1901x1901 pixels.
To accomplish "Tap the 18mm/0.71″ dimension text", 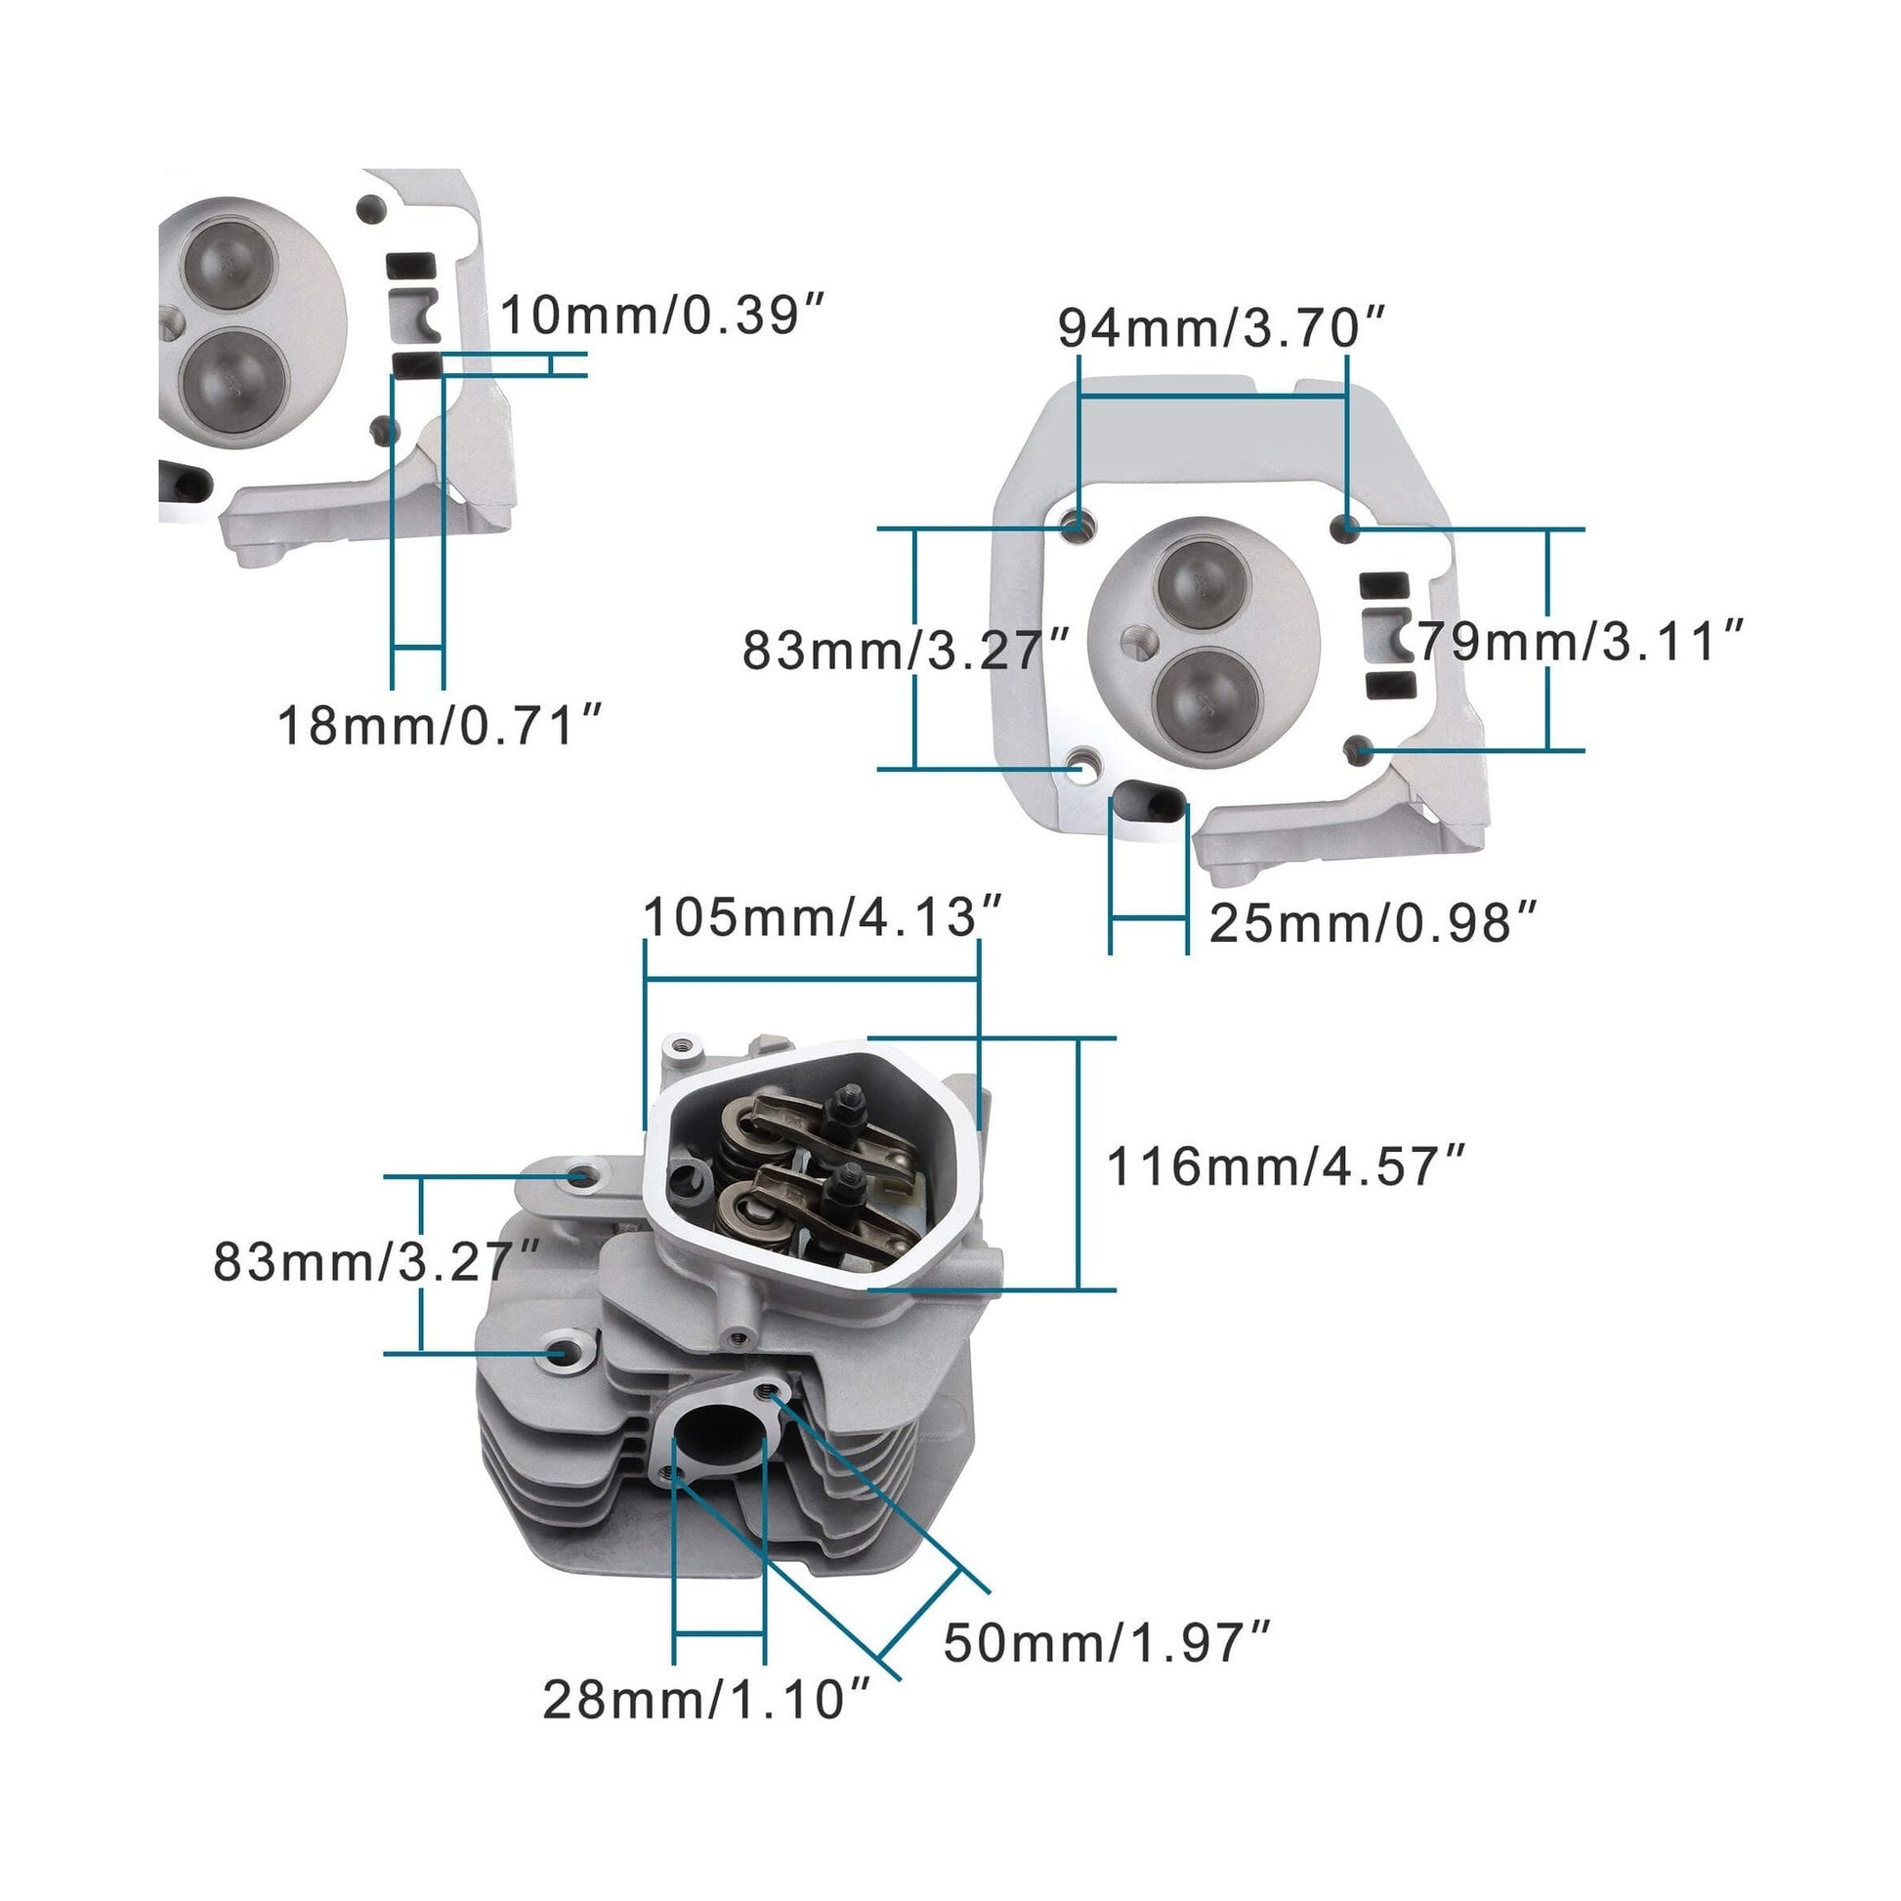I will [439, 726].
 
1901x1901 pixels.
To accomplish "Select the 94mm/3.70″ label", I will [1221, 327].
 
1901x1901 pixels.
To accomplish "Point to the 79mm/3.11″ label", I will [1581, 642].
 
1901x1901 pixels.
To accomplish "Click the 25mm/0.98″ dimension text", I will [1372, 923].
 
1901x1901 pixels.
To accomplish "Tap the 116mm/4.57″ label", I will [1286, 1167].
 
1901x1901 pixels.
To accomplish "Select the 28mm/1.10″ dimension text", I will [706, 1700].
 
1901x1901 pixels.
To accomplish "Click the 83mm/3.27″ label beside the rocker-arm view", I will [377, 1261].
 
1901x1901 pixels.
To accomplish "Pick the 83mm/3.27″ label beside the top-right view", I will [906, 650].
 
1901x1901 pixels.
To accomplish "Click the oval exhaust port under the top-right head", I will [1151, 801].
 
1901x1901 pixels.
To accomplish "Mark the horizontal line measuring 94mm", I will [1212, 396].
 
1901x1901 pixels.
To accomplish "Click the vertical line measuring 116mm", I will [1079, 1164].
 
